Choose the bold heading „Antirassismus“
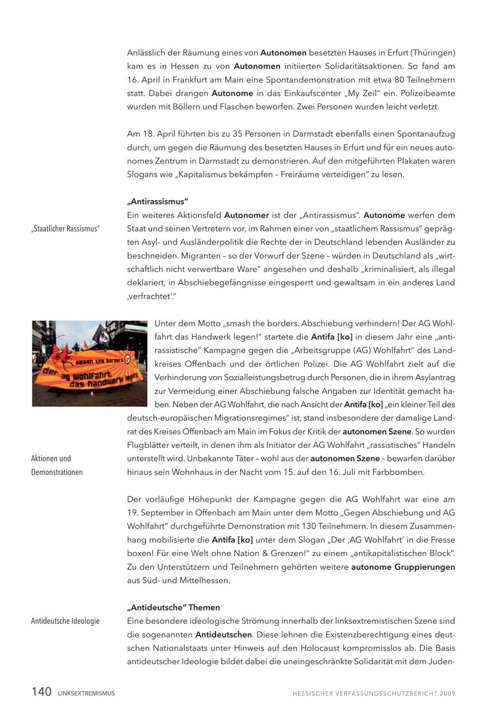tap(157, 201)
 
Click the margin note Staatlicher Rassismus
tap(66, 229)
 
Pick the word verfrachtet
tap(147, 297)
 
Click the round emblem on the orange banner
tap(128, 359)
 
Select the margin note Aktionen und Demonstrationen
tap(57, 465)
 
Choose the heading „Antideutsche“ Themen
tap(174, 608)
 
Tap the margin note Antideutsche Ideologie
tap(65, 621)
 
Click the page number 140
tap(41, 692)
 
